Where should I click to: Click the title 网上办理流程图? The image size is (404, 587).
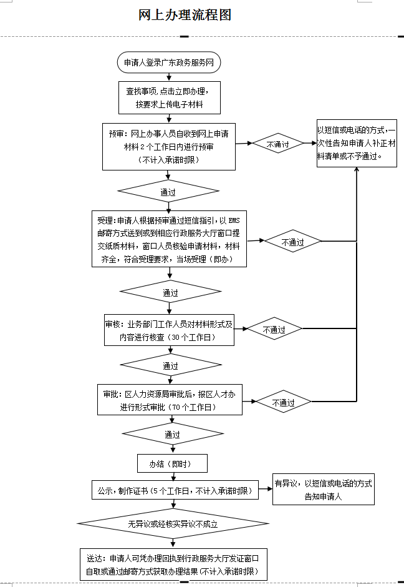pyautogui.click(x=185, y=16)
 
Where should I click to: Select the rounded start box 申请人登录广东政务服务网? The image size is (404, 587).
pyautogui.click(x=169, y=62)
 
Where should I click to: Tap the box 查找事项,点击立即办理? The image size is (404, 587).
pyautogui.click(x=170, y=97)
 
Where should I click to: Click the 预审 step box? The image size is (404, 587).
pyautogui.click(x=169, y=146)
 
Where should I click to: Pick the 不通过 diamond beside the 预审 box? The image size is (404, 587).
pyautogui.click(x=277, y=144)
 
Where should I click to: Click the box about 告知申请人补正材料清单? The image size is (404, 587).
pyautogui.click(x=356, y=144)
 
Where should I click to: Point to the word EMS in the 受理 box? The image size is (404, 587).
pyautogui.click(x=233, y=220)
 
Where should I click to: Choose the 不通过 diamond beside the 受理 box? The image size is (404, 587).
pyautogui.click(x=292, y=242)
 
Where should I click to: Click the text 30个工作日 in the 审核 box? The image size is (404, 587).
pyautogui.click(x=194, y=337)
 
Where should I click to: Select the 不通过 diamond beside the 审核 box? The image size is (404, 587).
pyautogui.click(x=274, y=329)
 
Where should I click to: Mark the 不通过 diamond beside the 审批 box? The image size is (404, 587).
pyautogui.click(x=283, y=403)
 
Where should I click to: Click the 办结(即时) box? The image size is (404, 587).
pyautogui.click(x=172, y=464)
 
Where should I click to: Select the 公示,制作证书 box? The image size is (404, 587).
pyautogui.click(x=174, y=490)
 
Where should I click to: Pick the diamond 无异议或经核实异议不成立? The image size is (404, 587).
pyautogui.click(x=173, y=523)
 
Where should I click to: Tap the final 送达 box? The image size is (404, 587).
pyautogui.click(x=174, y=564)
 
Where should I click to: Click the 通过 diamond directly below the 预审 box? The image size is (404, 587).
pyautogui.click(x=168, y=192)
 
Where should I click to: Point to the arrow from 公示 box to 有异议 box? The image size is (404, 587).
pyautogui.click(x=266, y=490)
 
